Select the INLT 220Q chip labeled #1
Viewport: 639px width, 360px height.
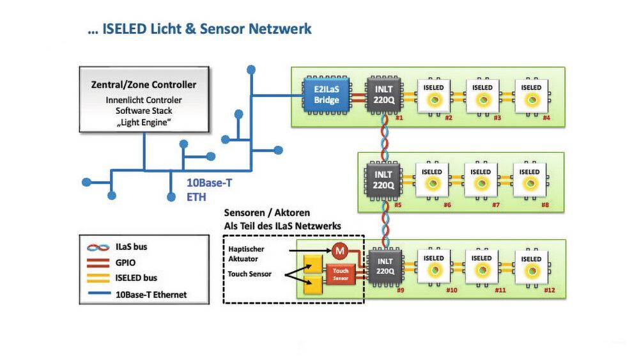coord(383,95)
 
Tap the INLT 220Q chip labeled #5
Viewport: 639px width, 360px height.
coord(383,180)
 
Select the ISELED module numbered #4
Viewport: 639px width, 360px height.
coord(531,96)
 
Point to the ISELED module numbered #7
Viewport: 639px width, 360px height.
coord(481,181)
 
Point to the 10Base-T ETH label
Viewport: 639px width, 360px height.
coord(208,190)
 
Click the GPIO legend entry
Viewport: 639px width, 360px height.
coord(126,262)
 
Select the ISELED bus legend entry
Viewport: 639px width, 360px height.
coord(136,278)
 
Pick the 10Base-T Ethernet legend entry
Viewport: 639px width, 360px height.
coord(150,295)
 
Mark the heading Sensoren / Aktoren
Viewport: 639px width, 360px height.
coord(267,212)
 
